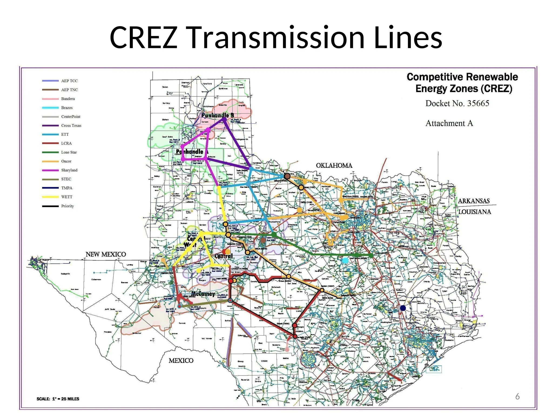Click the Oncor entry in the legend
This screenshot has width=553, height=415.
click(66, 161)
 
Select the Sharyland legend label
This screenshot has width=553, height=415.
click(69, 170)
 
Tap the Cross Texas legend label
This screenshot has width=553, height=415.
click(71, 126)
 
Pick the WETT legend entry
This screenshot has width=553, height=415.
click(67, 197)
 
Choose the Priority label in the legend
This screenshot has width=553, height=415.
click(67, 206)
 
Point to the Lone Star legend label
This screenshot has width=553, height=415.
click(69, 152)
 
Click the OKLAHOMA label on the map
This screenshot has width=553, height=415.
click(334, 166)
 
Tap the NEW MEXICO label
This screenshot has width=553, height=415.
click(106, 254)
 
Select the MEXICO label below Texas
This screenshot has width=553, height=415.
click(181, 361)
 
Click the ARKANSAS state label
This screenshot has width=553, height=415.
click(474, 201)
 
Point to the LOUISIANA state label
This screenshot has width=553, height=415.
click(475, 212)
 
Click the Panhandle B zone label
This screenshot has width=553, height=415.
click(218, 115)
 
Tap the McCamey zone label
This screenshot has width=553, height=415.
click(203, 294)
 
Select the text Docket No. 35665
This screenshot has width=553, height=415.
click(457, 103)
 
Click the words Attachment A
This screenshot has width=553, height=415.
click(449, 123)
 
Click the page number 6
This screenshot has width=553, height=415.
click(517, 396)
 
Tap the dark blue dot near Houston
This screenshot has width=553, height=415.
click(403, 308)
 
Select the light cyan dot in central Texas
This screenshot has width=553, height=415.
click(345, 261)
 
